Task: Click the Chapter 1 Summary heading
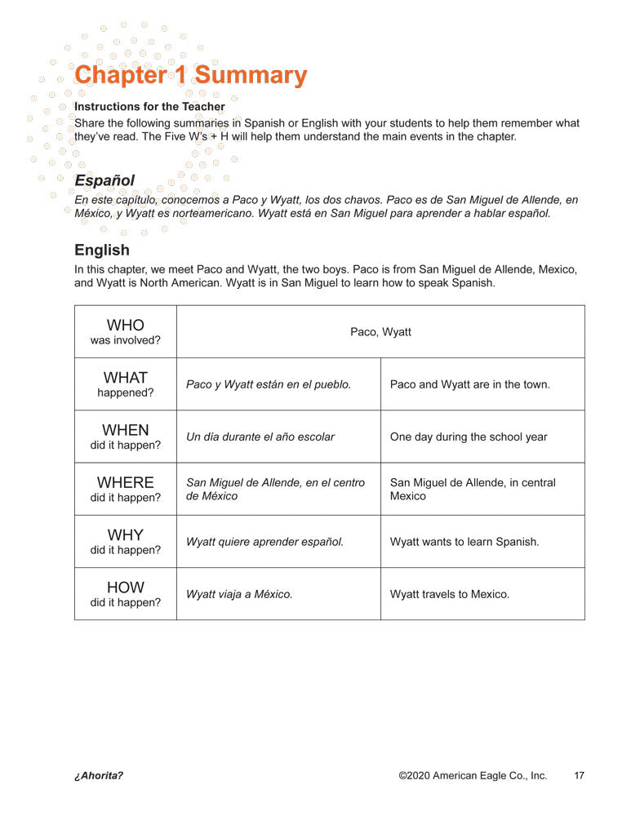tap(190, 75)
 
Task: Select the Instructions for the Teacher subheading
tap(149, 106)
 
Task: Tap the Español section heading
tap(104, 180)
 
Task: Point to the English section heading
tap(102, 250)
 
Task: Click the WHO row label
tap(125, 331)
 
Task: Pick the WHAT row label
tap(125, 384)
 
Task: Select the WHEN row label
tap(125, 437)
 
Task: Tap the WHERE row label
tap(125, 489)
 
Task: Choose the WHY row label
tap(125, 541)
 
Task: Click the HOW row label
tap(125, 593)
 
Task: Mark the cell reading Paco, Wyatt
tap(380, 331)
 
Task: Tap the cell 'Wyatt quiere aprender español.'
tap(264, 541)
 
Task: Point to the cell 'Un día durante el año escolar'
tap(260, 437)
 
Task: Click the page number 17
tap(579, 775)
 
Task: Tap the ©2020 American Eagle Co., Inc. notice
tap(473, 775)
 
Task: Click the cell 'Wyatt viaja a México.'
tap(239, 594)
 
